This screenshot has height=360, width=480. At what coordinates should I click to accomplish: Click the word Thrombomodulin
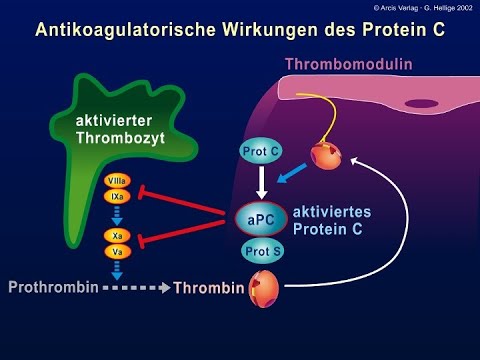pos(349,65)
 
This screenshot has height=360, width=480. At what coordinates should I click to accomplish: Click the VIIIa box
pos(116,180)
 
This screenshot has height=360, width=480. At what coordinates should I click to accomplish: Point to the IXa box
pos(116,197)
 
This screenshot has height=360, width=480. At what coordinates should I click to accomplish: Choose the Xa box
pos(116,236)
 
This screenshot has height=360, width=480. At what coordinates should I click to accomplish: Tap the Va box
pos(116,252)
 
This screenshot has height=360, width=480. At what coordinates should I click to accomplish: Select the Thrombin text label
pos(208,290)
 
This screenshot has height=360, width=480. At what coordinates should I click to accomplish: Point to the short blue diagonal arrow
pos(296,175)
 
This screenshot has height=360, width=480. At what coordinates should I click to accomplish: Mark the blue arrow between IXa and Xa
pos(116,216)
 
